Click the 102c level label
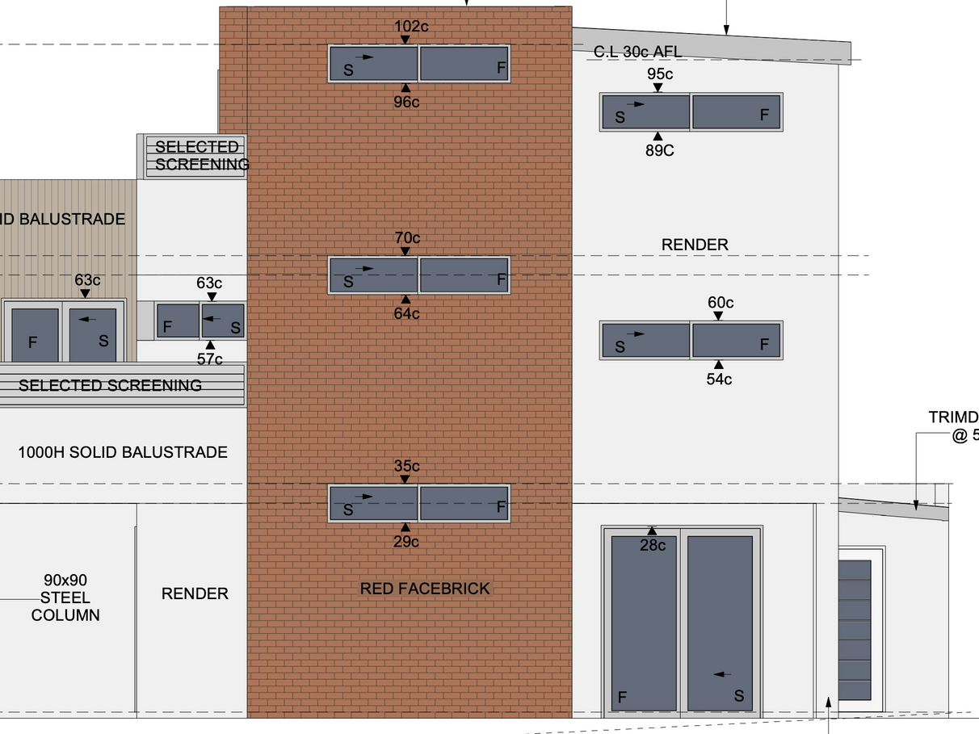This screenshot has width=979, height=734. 411,26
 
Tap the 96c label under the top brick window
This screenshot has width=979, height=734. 406,102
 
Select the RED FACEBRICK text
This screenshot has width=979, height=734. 425,589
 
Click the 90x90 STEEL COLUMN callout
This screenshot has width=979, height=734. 65,598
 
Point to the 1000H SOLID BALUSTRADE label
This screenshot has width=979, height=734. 123,452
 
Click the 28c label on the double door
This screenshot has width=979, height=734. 652,545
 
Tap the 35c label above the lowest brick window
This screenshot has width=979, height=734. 406,466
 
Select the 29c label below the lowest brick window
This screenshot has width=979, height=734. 406,541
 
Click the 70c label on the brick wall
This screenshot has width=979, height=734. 407,237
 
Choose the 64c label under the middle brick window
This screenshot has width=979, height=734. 406,313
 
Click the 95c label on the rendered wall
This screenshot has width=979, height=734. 660,74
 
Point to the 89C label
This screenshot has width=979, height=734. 659,150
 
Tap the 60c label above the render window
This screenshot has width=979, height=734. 721,303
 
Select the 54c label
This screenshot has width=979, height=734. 719,379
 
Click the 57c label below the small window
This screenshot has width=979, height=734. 209,359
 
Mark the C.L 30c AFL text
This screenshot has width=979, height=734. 637,52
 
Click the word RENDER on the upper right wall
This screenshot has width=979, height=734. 695,244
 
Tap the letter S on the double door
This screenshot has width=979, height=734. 738,696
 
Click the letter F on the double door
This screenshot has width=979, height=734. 622,697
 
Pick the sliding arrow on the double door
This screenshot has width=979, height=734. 722,674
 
